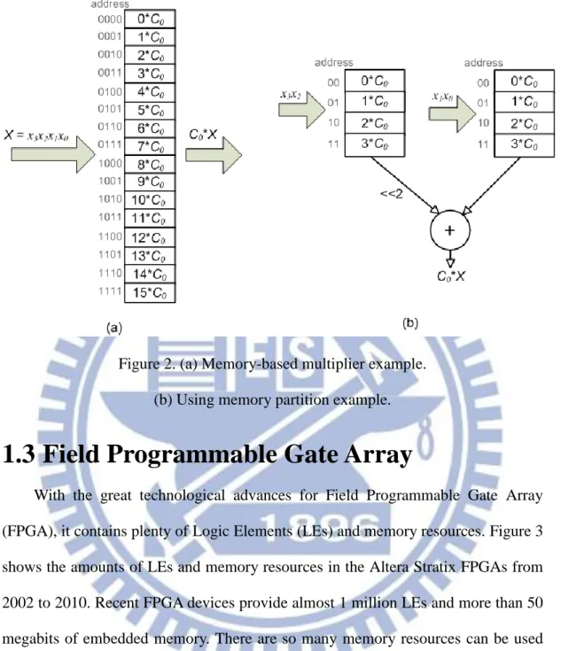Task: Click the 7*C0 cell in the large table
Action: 150,146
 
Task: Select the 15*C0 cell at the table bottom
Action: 150,292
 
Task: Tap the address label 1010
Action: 110,199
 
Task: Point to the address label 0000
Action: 110,19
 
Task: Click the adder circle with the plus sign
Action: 450,230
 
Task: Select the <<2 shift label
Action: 392,193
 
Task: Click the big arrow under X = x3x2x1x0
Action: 53,154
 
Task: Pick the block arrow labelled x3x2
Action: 301,110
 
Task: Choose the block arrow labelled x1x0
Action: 452,113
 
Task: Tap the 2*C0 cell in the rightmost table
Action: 524,123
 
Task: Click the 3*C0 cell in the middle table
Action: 374,144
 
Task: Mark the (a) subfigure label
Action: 114,328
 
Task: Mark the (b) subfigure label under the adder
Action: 410,323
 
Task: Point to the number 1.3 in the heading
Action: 19,453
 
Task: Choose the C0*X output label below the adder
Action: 451,276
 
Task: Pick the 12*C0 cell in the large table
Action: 150,238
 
